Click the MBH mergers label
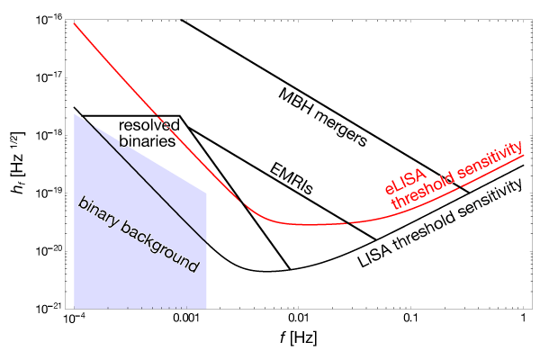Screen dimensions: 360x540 322,115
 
